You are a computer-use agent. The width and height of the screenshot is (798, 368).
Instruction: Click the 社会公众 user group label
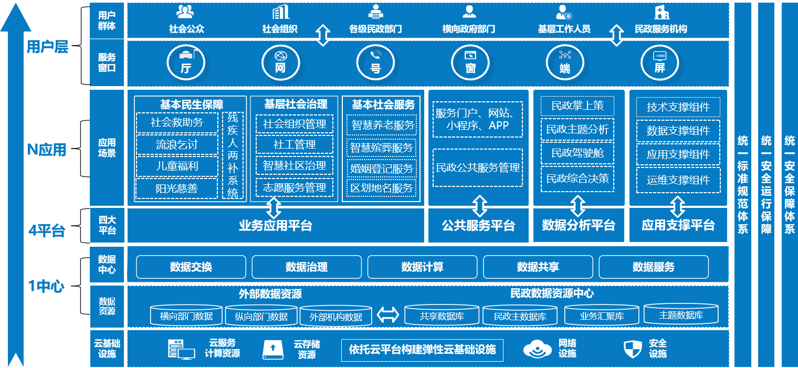coord(186,29)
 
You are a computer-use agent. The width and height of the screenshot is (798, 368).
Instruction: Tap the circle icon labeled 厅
coord(186,61)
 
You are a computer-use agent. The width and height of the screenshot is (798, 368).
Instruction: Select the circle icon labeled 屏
coord(659,61)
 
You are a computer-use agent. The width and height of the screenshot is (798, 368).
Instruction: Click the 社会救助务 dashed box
coord(176,123)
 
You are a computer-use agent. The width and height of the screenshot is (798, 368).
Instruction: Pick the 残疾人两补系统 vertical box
coord(233,155)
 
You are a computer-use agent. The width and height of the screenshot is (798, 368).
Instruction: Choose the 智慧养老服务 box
coord(382,125)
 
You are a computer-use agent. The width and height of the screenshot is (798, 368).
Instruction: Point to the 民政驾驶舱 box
coord(577,153)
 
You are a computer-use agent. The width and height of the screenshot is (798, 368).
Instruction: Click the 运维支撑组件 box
coord(678,180)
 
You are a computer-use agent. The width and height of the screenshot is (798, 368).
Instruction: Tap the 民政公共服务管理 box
coord(478,168)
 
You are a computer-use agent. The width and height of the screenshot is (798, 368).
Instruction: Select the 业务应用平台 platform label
coord(276,226)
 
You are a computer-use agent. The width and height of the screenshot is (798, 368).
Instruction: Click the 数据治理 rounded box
coord(307,267)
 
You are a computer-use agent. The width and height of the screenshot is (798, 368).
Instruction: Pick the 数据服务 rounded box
coord(653,267)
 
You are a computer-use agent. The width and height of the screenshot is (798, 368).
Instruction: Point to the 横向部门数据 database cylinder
coord(186,316)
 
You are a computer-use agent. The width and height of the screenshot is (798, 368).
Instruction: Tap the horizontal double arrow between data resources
coord(388,315)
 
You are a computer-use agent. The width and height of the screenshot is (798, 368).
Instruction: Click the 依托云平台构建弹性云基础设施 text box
coord(422,350)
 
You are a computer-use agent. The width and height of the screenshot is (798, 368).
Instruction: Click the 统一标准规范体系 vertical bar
coord(743,184)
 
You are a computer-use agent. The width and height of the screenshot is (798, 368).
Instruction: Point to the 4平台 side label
coord(47,230)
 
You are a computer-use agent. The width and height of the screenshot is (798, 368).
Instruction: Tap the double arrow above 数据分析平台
coord(577,206)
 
